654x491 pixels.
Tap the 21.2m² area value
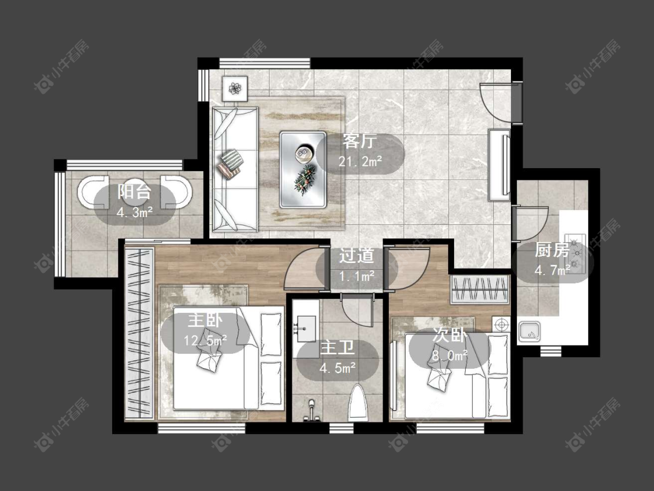[x=360, y=161]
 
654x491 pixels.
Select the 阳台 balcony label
[x=134, y=191]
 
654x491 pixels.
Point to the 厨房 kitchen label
[x=552, y=251]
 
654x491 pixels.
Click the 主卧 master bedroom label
[x=205, y=321]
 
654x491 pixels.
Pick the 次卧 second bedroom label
[x=449, y=335]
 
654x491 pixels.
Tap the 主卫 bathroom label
[x=337, y=348]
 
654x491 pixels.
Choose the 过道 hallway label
[x=356, y=256]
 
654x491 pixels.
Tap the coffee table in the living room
[x=303, y=169]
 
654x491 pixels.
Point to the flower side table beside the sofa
[x=235, y=88]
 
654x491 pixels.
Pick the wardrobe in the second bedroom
[x=480, y=289]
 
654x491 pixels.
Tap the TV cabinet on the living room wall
[x=499, y=165]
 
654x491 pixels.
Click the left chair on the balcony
[x=92, y=192]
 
